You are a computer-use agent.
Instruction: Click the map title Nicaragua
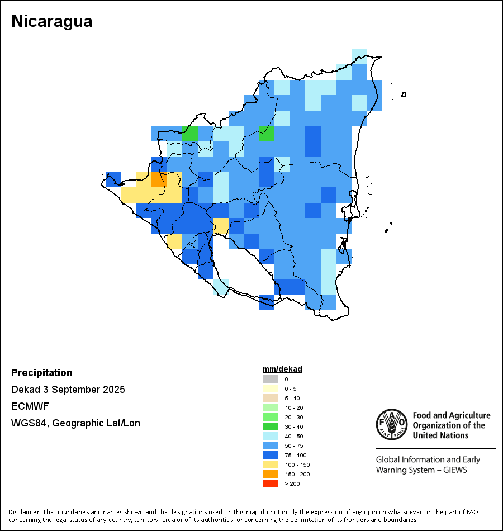click(x=52, y=21)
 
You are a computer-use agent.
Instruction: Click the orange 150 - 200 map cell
click(x=159, y=180)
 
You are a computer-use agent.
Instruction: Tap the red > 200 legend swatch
click(x=271, y=483)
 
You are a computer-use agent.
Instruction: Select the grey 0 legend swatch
click(x=271, y=379)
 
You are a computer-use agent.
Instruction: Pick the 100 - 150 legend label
click(x=297, y=464)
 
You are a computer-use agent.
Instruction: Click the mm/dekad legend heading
click(x=282, y=369)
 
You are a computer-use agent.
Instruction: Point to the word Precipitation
click(x=42, y=373)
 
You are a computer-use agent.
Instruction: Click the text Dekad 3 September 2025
click(x=68, y=390)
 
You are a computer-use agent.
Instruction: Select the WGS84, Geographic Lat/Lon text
click(x=75, y=423)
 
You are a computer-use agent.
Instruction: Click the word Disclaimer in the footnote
click(x=23, y=512)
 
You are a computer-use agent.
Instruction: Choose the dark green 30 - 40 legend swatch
click(x=271, y=426)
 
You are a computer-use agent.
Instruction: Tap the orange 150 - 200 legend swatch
click(x=271, y=474)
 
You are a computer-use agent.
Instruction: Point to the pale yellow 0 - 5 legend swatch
click(x=271, y=388)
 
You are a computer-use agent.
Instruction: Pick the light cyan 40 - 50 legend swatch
click(x=271, y=436)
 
